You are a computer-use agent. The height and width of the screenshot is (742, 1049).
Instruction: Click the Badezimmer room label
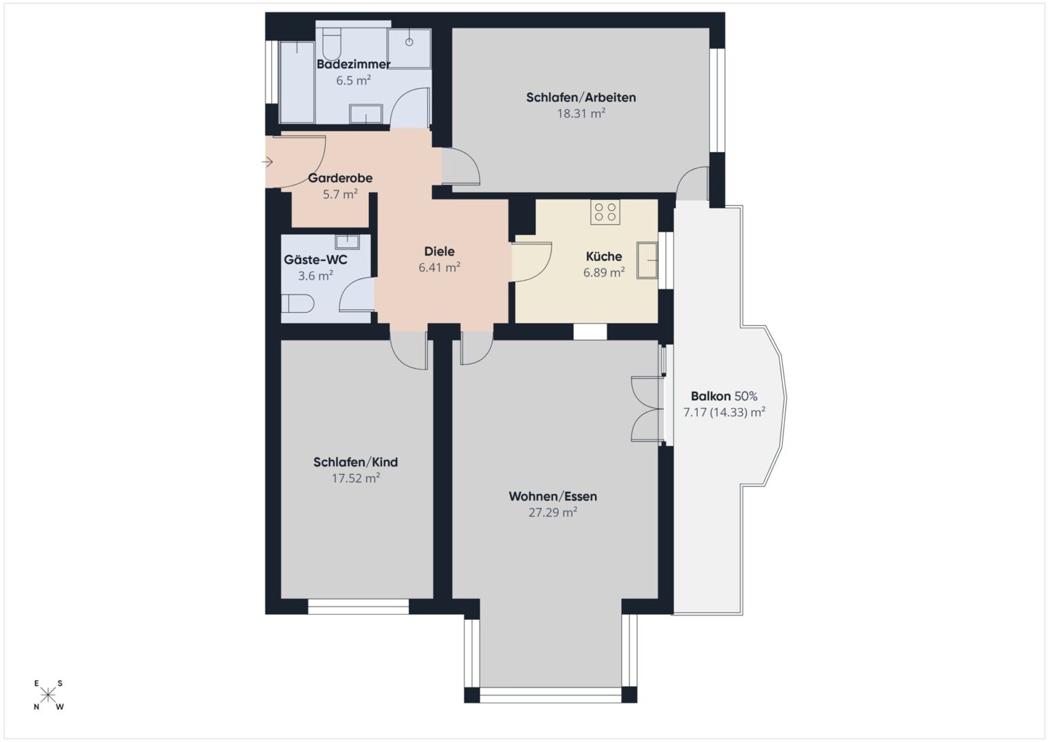coord(353,64)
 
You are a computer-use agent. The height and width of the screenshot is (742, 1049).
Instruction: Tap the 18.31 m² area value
coord(580,113)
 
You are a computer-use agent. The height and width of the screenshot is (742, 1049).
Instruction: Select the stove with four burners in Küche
coord(605,212)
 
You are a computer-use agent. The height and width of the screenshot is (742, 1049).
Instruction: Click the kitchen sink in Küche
coord(647,261)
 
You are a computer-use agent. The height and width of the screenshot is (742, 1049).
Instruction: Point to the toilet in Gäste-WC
coord(297,304)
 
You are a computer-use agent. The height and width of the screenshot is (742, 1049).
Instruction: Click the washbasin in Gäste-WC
coord(347,242)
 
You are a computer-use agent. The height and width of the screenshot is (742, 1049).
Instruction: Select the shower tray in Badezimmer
coord(409,49)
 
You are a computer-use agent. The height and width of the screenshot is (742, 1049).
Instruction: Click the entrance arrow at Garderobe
coord(267,162)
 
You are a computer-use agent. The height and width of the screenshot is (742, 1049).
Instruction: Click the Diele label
coord(439,251)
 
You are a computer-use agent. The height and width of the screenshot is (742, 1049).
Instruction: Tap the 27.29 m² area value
coord(552,513)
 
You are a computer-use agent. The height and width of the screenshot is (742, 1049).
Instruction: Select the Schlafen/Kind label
coord(355,462)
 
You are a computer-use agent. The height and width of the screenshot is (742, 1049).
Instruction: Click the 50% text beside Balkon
coord(745,396)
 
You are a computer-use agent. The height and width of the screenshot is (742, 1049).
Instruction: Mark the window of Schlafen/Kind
coord(358,607)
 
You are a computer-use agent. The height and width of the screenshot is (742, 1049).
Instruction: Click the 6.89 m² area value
coord(604,272)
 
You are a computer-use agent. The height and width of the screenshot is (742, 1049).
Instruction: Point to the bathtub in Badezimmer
coord(297,82)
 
